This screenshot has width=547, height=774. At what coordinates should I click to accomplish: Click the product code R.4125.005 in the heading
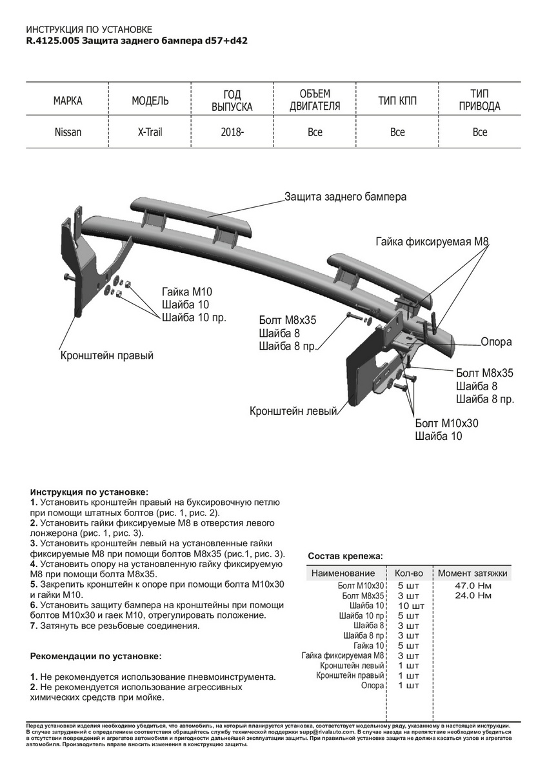(x=52, y=40)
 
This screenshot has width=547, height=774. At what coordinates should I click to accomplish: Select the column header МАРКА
(x=68, y=101)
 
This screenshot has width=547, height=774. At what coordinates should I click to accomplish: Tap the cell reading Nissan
(x=68, y=132)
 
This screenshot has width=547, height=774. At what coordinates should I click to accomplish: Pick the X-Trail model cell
(x=150, y=132)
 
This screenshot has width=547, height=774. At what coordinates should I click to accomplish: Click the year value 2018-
(x=232, y=132)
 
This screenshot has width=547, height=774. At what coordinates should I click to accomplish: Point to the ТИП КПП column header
(x=397, y=101)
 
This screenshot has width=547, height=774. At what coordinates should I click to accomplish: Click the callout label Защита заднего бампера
(x=346, y=197)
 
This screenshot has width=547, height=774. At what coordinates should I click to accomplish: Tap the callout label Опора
(x=496, y=342)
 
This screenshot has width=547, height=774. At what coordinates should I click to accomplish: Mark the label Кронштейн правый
(x=107, y=355)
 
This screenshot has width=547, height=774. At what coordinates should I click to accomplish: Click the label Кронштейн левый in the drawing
(x=293, y=410)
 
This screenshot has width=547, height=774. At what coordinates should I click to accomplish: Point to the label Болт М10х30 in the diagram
(x=447, y=423)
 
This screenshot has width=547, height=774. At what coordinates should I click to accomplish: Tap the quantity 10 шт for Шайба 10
(x=411, y=606)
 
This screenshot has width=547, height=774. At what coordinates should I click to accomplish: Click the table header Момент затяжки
(x=473, y=573)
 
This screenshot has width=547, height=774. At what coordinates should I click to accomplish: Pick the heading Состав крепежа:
(x=345, y=555)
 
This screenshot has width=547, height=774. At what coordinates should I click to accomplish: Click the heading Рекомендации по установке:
(x=96, y=656)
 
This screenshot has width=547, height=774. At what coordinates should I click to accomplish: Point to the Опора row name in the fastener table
(x=373, y=686)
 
